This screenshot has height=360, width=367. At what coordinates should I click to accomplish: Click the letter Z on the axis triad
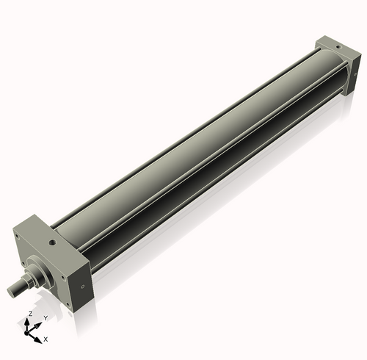[29, 313]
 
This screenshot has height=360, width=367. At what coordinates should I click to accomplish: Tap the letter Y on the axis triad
[45, 317]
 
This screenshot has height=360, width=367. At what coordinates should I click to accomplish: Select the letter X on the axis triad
[46, 339]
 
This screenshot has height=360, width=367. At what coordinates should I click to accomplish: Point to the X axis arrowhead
[39, 337]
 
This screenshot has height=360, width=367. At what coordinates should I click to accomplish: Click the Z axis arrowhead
[29, 320]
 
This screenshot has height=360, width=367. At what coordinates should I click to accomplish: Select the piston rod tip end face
[11, 292]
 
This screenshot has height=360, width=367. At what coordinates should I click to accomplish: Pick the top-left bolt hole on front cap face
[18, 237]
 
